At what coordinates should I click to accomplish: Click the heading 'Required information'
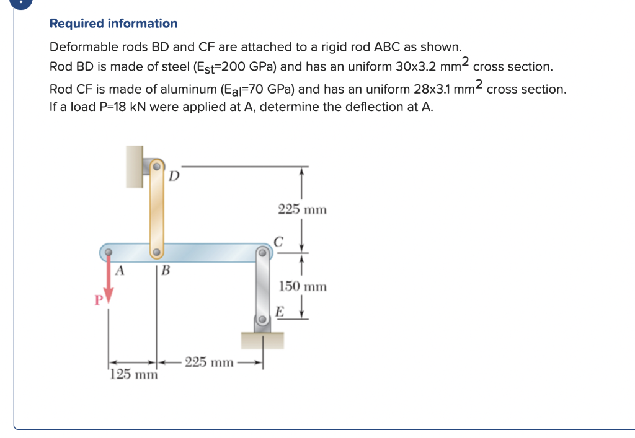113,24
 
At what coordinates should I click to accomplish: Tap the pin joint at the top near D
158,167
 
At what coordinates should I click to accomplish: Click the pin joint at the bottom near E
263,320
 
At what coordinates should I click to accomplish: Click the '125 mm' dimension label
133,375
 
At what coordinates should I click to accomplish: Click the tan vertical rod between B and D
157,211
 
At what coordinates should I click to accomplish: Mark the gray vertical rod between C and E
263,286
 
